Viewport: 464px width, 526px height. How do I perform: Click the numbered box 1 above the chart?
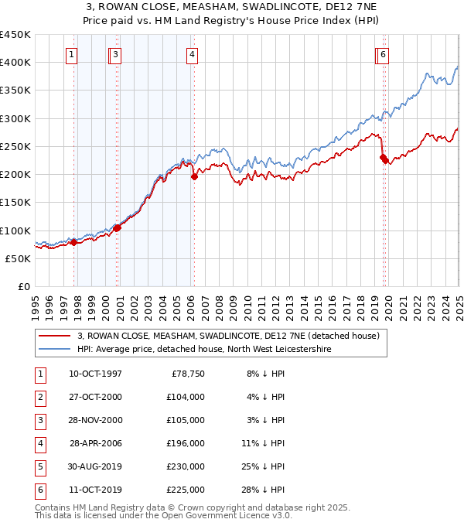click(71, 54)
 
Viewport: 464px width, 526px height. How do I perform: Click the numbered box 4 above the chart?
click(191, 54)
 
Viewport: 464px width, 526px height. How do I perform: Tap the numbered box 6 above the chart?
click(384, 54)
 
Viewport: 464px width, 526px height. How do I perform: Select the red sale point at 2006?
click(194, 176)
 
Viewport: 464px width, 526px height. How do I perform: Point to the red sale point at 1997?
click(74, 242)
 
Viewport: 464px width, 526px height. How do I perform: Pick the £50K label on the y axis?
click(18, 258)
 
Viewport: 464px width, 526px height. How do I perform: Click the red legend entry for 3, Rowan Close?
click(228, 336)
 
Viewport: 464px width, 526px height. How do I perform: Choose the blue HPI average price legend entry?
click(203, 350)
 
